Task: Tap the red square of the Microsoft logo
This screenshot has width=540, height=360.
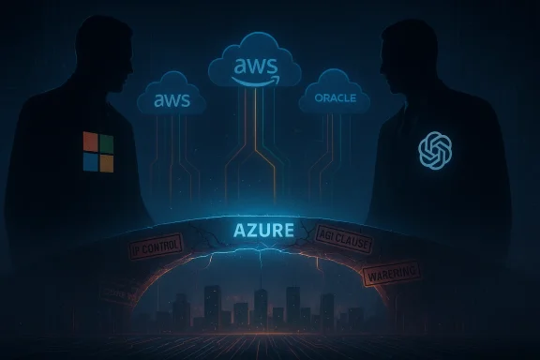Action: pyautogui.click(x=90, y=143)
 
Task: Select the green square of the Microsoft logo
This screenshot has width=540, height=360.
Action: pyautogui.click(x=106, y=143)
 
